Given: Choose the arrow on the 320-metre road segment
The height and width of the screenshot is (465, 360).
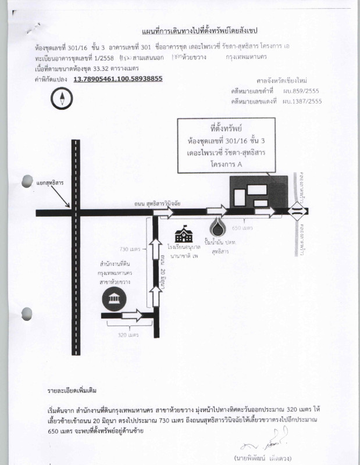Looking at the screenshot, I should [131, 316].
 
